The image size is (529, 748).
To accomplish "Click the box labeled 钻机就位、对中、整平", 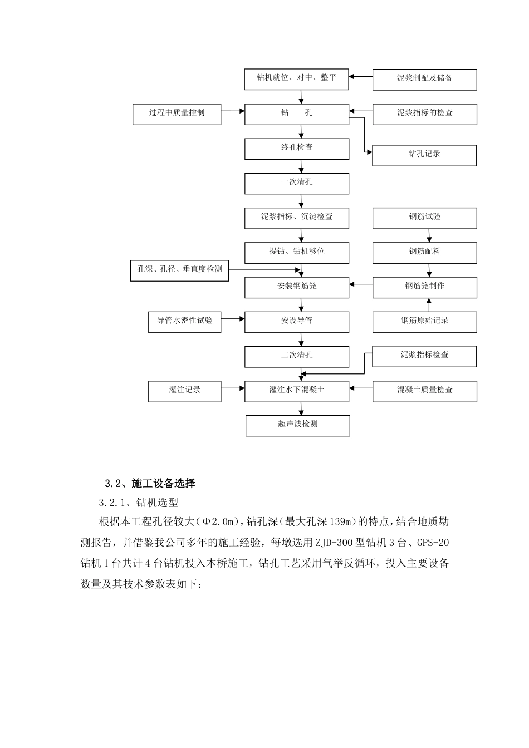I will [297, 78].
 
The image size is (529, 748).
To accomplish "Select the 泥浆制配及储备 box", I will [424, 79].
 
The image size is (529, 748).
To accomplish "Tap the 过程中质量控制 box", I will [177, 114].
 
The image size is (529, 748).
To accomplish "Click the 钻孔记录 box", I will [424, 155].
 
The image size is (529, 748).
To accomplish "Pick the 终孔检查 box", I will [297, 149].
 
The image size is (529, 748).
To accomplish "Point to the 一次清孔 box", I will [297, 183].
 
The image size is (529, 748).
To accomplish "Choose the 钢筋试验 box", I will [424, 218].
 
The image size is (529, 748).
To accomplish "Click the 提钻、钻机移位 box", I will [297, 252].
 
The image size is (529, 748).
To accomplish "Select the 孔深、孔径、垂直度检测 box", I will [179, 270].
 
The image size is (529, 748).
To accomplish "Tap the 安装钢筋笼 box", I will [297, 287].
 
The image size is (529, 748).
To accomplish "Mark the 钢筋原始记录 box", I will [424, 322].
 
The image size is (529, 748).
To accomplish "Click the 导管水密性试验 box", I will [184, 322].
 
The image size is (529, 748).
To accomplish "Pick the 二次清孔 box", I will [297, 356].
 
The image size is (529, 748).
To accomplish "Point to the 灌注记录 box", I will [184, 391].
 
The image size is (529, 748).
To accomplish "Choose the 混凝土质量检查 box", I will [424, 391].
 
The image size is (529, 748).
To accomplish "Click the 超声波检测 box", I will [297, 425].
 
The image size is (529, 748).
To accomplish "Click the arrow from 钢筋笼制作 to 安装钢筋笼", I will [361, 284].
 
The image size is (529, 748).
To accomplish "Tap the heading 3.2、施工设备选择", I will [150, 483].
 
